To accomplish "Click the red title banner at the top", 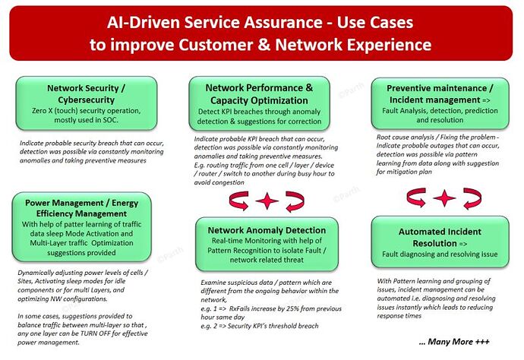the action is (x=261, y=33).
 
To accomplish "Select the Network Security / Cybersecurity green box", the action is (x=87, y=103).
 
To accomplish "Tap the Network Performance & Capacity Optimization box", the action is (x=259, y=103).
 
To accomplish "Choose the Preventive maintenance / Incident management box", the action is (x=440, y=103).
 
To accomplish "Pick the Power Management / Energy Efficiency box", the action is (x=81, y=227).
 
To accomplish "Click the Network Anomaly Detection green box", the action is (x=267, y=244).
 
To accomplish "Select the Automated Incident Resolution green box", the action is (x=440, y=242).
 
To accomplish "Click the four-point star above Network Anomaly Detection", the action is (x=267, y=201).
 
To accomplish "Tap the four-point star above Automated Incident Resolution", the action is (x=444, y=198).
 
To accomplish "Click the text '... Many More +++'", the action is (x=454, y=342).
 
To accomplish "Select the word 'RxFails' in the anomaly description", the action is (x=241, y=308).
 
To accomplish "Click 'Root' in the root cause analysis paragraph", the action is (x=384, y=137).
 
